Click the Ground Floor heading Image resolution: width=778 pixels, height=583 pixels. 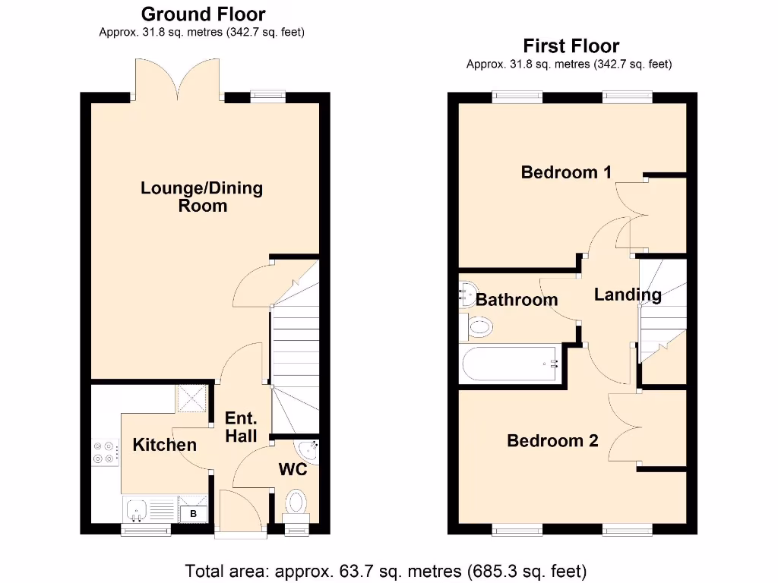[204, 14]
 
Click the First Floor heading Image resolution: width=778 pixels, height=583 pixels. [571, 46]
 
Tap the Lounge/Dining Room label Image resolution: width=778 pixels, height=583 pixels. [202, 197]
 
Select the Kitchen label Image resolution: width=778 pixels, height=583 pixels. [164, 445]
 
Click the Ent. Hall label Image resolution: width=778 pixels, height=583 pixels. [241, 427]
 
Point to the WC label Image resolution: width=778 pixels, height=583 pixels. [293, 470]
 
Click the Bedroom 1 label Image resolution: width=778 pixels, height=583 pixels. [566, 172]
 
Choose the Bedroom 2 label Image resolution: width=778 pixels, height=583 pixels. [552, 440]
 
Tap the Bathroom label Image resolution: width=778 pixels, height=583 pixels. [517, 300]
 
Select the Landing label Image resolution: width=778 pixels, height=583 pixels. [628, 295]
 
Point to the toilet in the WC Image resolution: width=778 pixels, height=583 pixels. [295, 503]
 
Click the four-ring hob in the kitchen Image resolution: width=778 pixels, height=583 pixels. [105, 452]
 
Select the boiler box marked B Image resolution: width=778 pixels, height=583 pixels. [192, 514]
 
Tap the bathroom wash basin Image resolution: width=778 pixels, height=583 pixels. [466, 295]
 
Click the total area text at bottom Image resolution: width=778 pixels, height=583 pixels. [386, 569]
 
